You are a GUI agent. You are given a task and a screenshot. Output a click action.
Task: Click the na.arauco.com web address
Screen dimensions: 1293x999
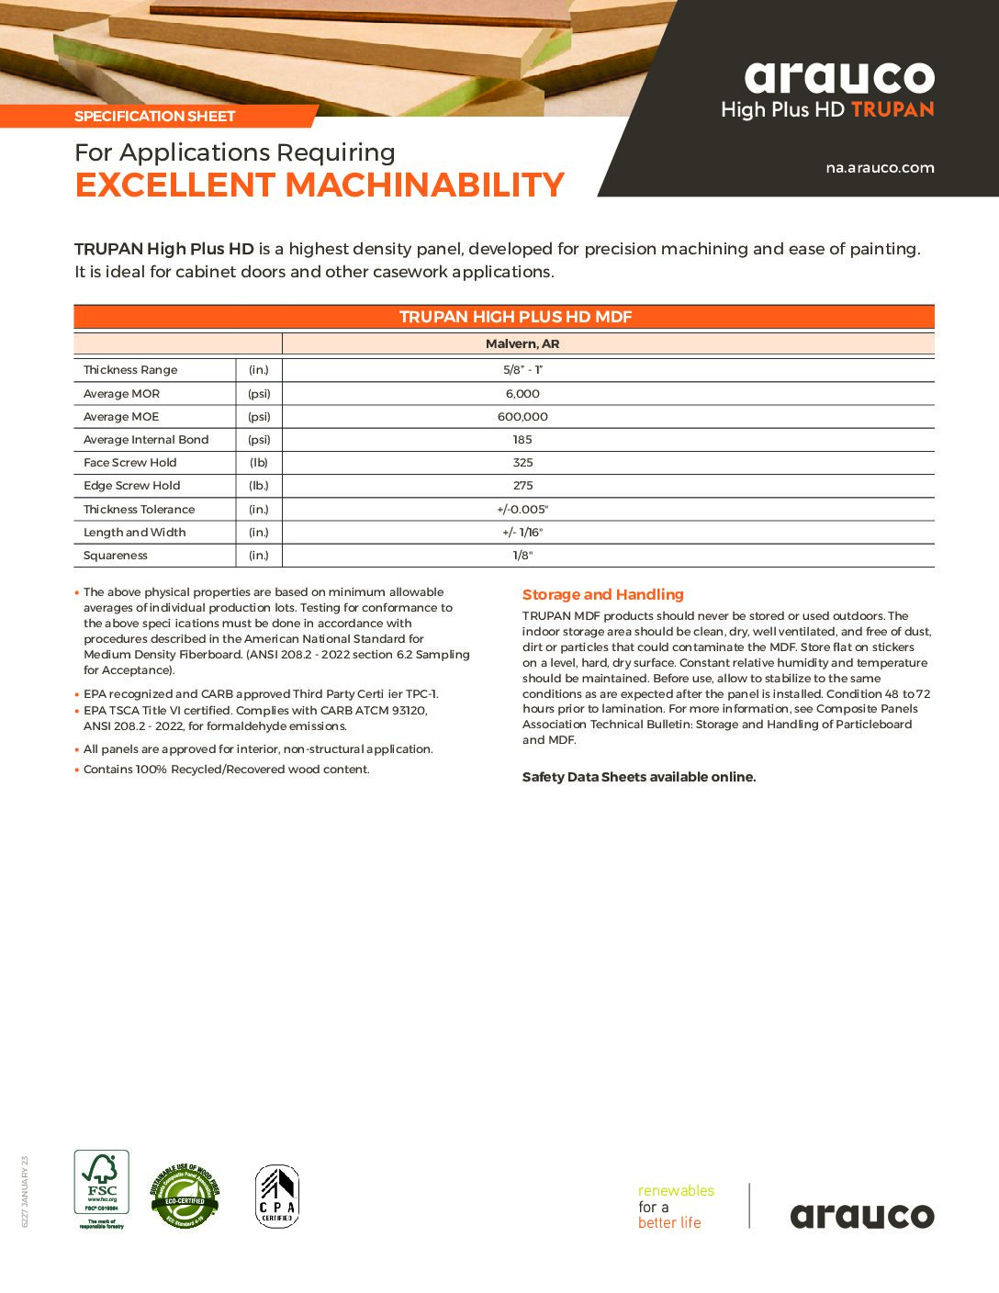pyautogui.click(x=880, y=168)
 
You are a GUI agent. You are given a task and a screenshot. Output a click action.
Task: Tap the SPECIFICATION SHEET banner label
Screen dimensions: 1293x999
pyautogui.click(x=155, y=117)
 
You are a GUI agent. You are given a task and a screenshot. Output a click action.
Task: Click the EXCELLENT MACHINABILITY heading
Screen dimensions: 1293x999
pyautogui.click(x=320, y=186)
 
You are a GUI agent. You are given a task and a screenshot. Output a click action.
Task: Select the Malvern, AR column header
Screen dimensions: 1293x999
pyautogui.click(x=522, y=344)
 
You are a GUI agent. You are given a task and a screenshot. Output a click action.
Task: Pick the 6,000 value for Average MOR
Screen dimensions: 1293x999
pyautogui.click(x=522, y=394)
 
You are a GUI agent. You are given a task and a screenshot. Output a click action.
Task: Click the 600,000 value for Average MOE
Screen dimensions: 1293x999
pyautogui.click(x=522, y=417)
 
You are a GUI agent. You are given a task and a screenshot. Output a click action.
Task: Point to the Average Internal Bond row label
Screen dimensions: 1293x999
pyautogui.click(x=146, y=440)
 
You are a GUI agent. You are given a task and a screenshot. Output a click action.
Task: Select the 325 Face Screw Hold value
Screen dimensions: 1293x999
pyautogui.click(x=522, y=463)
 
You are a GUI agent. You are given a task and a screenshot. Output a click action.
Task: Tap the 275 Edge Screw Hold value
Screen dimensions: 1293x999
pyautogui.click(x=522, y=486)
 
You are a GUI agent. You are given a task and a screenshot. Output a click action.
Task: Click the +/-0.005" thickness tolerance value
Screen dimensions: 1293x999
pyautogui.click(x=522, y=510)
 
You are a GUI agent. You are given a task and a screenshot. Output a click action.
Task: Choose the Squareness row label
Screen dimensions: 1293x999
pyautogui.click(x=116, y=556)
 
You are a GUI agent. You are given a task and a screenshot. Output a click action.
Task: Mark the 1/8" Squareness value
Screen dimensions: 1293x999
pyautogui.click(x=522, y=556)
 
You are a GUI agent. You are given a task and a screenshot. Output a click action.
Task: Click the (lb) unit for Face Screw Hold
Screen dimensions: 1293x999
pyautogui.click(x=259, y=463)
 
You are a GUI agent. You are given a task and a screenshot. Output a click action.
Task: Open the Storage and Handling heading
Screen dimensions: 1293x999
pyautogui.click(x=603, y=595)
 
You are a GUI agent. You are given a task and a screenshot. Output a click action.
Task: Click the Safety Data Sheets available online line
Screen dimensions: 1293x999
pyautogui.click(x=639, y=777)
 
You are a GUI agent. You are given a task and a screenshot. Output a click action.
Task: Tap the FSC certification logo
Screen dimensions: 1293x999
pyautogui.click(x=101, y=1189)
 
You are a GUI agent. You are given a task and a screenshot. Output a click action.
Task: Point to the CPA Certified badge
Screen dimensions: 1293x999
pyautogui.click(x=276, y=1197)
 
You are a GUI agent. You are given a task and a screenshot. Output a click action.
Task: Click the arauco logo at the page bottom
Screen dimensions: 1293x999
pyautogui.click(x=862, y=1216)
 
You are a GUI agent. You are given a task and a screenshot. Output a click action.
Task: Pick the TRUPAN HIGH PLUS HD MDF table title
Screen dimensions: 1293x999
pyautogui.click(x=515, y=317)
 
